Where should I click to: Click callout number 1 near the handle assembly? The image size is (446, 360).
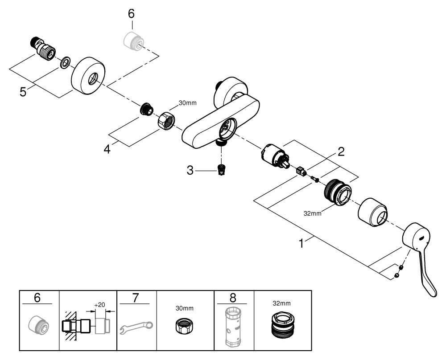coord(302,244)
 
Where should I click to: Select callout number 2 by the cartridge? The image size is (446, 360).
coord(341,151)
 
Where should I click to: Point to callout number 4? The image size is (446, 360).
coord(107,148)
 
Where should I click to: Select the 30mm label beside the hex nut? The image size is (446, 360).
coord(188,103)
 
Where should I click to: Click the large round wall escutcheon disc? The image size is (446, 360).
coord(88,76)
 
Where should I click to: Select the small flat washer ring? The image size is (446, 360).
coord(64,62)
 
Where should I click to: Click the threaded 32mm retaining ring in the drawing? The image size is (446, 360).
coord(337,191)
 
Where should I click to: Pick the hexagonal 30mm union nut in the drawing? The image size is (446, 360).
coord(167,120)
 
